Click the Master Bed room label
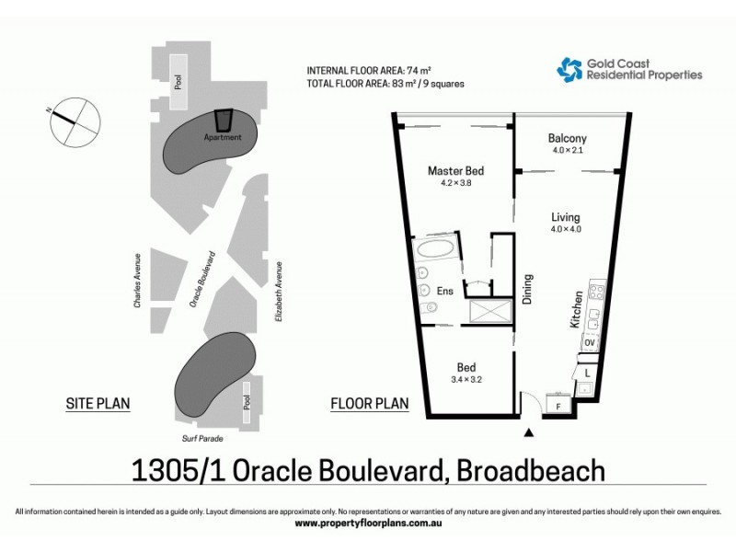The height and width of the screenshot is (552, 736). (455, 170)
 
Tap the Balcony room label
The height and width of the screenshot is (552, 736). (567, 139)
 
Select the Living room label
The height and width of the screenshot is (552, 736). (566, 217)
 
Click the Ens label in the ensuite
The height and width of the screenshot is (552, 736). (444, 292)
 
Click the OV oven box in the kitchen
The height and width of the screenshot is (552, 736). (590, 343)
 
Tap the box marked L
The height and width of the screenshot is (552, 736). (587, 373)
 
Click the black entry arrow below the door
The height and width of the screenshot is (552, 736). (529, 431)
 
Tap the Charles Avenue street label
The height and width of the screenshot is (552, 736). (137, 280)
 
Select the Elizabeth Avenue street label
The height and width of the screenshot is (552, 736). (278, 291)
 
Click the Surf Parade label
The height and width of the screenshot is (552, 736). (203, 439)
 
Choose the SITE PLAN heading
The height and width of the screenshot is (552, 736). (98, 403)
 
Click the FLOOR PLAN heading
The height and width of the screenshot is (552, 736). (369, 403)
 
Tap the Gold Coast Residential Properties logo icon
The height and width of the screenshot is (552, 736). (569, 68)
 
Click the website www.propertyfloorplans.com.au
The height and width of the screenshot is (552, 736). (368, 523)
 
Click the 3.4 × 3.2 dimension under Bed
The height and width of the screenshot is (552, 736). (468, 378)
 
